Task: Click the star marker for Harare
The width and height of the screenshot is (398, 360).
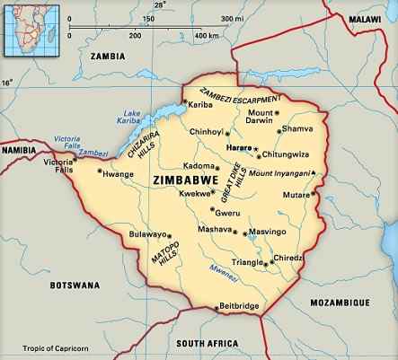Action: (255, 147)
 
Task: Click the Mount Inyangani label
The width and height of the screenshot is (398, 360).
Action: (287, 172)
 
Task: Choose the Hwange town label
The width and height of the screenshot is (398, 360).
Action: (117, 174)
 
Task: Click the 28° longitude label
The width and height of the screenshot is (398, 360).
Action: (160, 4)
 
